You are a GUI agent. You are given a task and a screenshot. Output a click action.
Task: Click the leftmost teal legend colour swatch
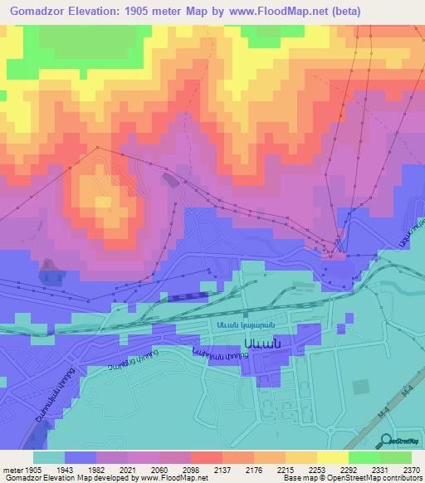tap(49, 458)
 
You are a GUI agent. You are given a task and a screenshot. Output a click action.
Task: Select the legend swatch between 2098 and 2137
tap(207, 458)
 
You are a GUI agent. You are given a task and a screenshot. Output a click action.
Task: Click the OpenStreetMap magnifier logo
tap(387, 441)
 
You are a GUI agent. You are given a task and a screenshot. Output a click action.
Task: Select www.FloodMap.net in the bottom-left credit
tap(170, 479)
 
